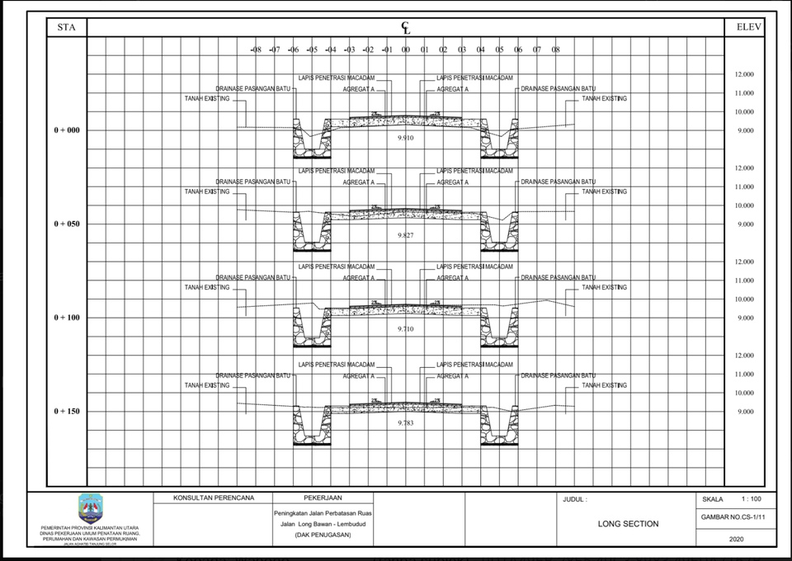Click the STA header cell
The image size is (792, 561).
(x=67, y=27)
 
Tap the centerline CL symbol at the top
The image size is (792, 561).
(x=406, y=28)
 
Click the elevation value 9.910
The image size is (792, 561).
(x=405, y=138)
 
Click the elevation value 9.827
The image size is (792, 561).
(x=405, y=235)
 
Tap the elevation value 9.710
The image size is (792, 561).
(x=405, y=328)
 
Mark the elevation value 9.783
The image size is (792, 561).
(x=405, y=422)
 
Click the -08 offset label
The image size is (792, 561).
(x=256, y=49)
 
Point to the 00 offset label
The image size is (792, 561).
(x=406, y=49)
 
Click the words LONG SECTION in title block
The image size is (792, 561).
(x=628, y=524)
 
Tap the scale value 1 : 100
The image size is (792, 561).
(x=751, y=499)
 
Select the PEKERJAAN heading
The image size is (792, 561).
(x=323, y=498)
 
